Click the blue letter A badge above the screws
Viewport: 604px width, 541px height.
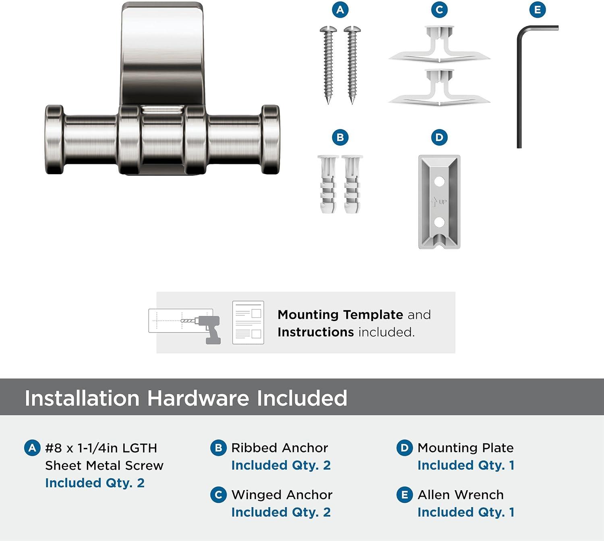[340, 10]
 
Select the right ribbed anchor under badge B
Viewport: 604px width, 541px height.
[352, 184]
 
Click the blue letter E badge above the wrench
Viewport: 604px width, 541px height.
[538, 10]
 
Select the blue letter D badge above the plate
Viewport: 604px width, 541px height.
[439, 137]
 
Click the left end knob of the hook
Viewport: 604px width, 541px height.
[55, 139]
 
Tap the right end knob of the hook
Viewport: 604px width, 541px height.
[270, 139]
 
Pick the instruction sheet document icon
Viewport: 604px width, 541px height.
[248, 323]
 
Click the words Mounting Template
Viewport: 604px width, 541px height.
[340, 314]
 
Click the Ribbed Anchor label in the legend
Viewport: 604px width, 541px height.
[279, 448]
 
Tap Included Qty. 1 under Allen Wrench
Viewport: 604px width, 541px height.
[465, 512]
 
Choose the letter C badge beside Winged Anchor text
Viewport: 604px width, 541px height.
[218, 495]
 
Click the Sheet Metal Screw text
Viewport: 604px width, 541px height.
[104, 466]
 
